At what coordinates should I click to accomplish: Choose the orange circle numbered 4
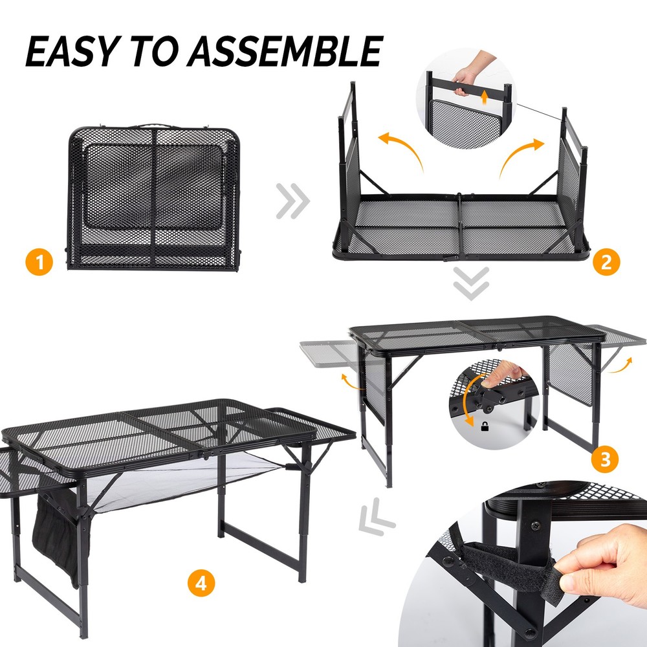click(x=202, y=584)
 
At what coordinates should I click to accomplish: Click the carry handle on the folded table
click(x=154, y=123)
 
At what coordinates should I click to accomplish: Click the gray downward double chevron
click(x=470, y=283)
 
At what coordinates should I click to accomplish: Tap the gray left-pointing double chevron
click(x=377, y=518)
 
